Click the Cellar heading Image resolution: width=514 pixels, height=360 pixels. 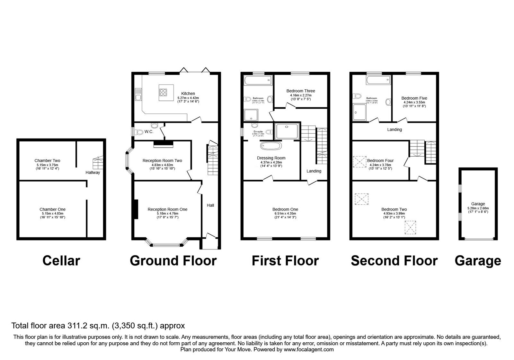[x=61, y=261]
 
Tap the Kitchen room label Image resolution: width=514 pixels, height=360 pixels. [x=188, y=94]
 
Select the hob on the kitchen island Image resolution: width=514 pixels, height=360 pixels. [x=163, y=92]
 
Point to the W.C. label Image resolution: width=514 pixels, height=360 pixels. [x=149, y=132]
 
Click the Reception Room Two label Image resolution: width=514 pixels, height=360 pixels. [x=162, y=160]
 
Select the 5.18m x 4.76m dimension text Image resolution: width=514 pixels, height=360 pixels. [x=167, y=213]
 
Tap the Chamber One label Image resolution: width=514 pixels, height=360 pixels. [x=52, y=209]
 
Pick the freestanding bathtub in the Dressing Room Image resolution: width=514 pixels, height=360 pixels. [x=271, y=146]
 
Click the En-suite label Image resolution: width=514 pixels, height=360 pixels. [x=258, y=132]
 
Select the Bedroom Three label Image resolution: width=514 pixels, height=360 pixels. [x=301, y=91]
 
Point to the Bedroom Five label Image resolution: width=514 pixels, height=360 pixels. [x=414, y=98]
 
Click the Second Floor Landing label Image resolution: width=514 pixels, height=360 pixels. [x=394, y=130]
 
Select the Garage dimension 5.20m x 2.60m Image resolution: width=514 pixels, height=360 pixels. [x=478, y=208]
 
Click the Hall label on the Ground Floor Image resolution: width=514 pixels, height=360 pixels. [x=210, y=205]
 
